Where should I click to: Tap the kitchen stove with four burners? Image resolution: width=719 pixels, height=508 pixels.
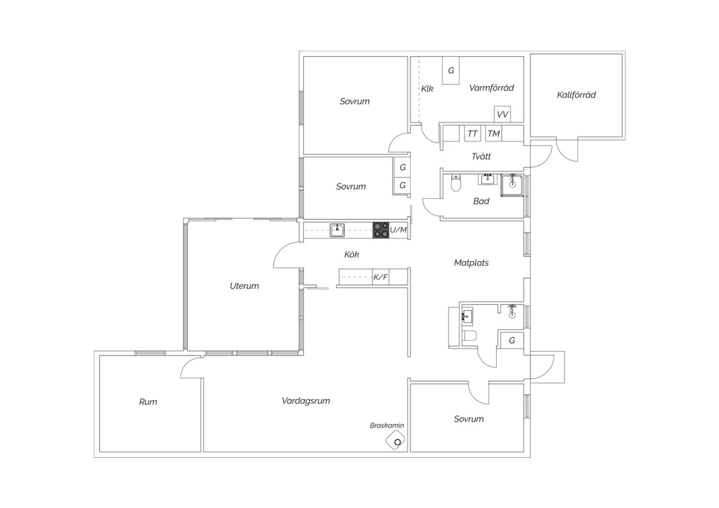coord(381,230)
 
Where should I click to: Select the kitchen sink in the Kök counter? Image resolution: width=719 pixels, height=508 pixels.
coord(337,230)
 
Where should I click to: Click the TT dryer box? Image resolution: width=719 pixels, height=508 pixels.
coord(473,134)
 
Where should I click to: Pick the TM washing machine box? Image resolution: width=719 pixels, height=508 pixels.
coord(494,134)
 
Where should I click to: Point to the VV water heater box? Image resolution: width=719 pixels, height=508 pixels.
coord(502,114)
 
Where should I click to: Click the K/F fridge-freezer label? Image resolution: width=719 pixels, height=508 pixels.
coord(381,277)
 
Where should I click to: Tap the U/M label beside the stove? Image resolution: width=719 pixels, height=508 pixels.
coord(398,230)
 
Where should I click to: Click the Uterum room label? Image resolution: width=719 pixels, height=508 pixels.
coord(244,286)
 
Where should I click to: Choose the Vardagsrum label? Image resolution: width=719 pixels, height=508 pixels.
coord(306,401)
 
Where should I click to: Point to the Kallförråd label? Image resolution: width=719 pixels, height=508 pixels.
coord(577,95)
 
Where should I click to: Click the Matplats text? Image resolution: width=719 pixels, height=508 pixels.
coord(471,263)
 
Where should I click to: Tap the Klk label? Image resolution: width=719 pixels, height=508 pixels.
coord(427,89)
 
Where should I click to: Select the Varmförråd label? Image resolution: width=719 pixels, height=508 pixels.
coord(491,88)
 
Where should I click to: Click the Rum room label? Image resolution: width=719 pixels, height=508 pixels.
coord(148,402)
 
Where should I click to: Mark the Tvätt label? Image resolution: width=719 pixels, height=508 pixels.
coord(481,156)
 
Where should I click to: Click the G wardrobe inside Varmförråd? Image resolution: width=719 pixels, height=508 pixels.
coord(451,70)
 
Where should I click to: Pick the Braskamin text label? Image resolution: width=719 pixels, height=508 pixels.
coord(387,426)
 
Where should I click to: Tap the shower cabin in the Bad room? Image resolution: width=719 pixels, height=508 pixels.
coord(512,185)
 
